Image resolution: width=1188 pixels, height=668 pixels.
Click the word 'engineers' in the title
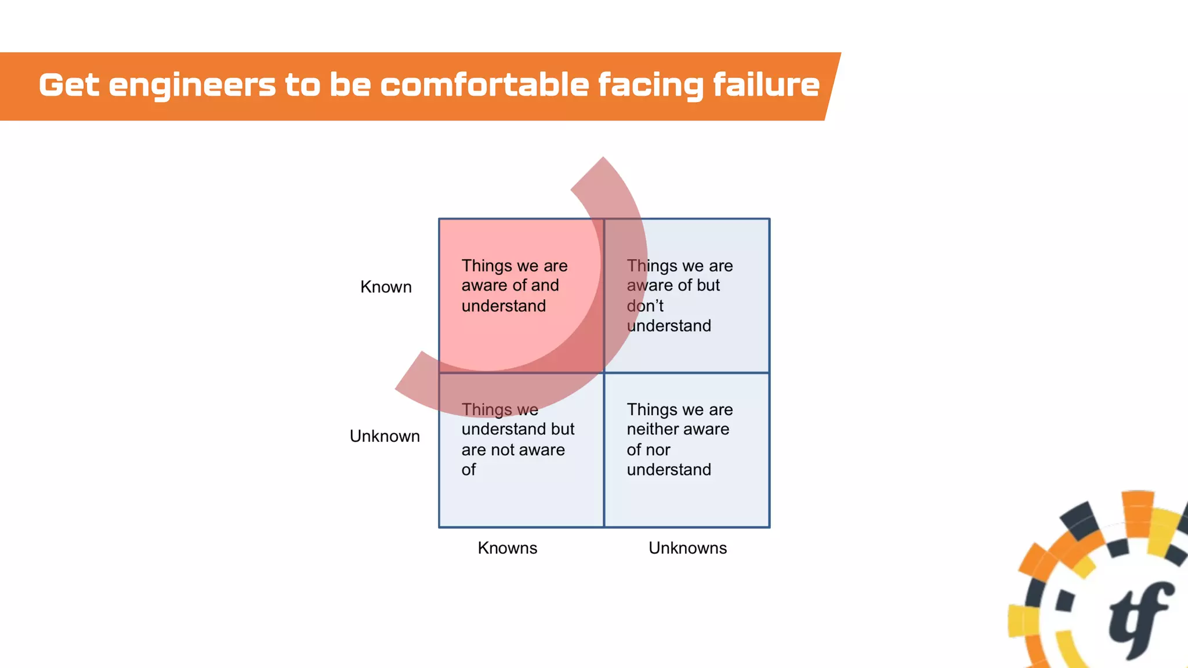tap(192, 85)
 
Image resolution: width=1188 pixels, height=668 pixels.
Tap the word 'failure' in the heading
tap(766, 85)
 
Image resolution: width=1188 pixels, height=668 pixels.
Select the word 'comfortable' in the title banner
tap(484, 85)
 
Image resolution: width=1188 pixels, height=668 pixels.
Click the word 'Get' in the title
tap(68, 85)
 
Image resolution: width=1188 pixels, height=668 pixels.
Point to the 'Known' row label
tap(386, 287)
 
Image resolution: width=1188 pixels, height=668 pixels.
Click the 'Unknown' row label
tap(385, 436)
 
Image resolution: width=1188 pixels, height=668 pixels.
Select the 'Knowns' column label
tap(508, 548)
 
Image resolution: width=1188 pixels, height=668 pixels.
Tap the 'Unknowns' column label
tap(687, 548)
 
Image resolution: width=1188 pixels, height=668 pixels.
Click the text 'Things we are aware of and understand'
tap(514, 285)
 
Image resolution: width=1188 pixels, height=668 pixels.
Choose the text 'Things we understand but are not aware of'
tap(517, 440)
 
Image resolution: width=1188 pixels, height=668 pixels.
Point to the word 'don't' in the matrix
tap(644, 306)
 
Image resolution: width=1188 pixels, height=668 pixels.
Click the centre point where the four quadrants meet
tap(604, 373)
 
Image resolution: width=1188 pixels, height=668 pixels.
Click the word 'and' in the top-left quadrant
tap(545, 285)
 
